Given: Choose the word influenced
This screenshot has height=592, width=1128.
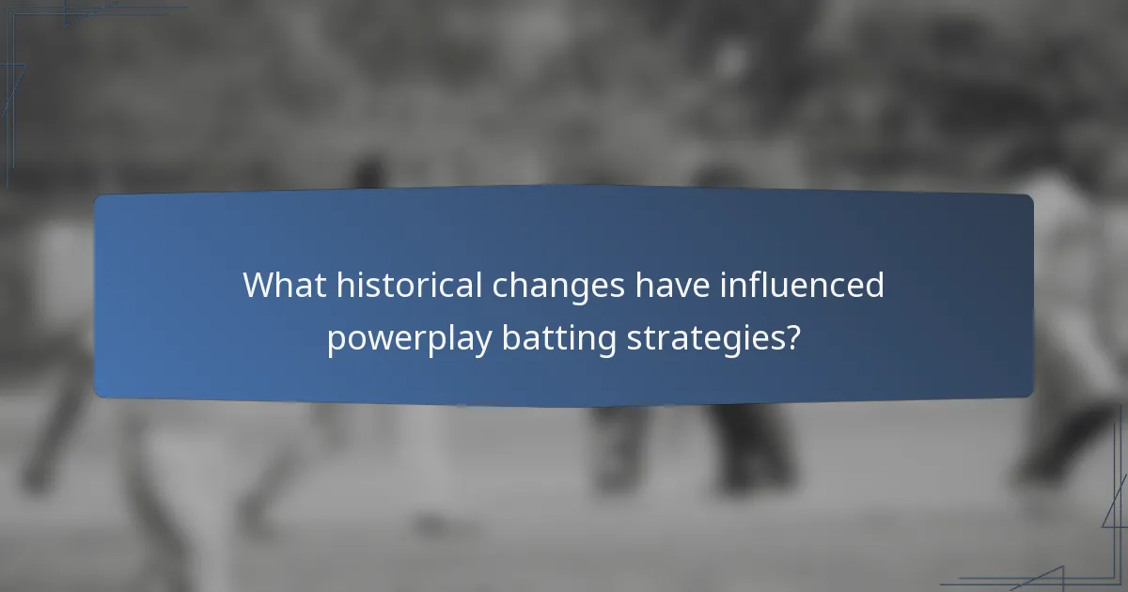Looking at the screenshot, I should [801, 285].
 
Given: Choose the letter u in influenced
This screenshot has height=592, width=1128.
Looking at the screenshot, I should [786, 288].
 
